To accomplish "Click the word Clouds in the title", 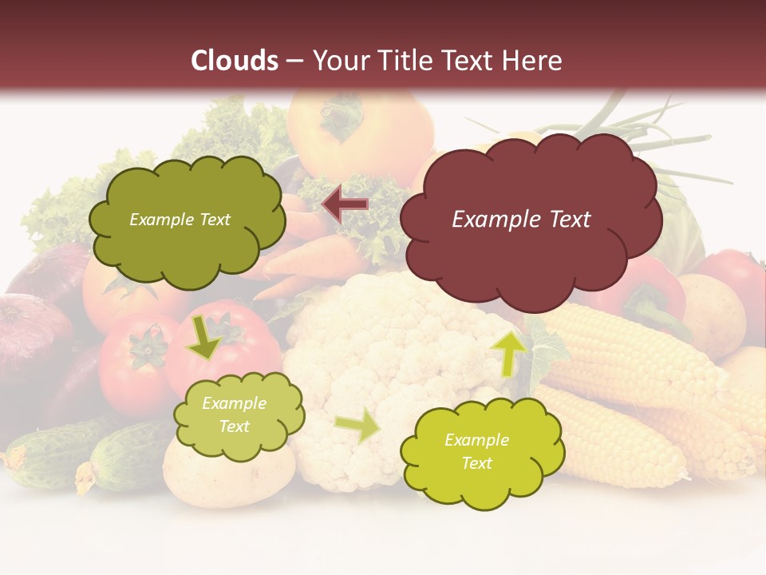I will [235, 61].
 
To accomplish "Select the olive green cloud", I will [187, 219].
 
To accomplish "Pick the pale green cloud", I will [238, 415].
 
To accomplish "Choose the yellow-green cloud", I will [482, 451].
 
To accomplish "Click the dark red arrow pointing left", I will [345, 205].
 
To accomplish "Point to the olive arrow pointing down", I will [204, 336].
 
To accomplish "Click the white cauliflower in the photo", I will [383, 335].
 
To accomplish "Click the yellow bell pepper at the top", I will [359, 128].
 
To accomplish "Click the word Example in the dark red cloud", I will [488, 220].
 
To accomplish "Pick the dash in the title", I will [294, 61].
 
